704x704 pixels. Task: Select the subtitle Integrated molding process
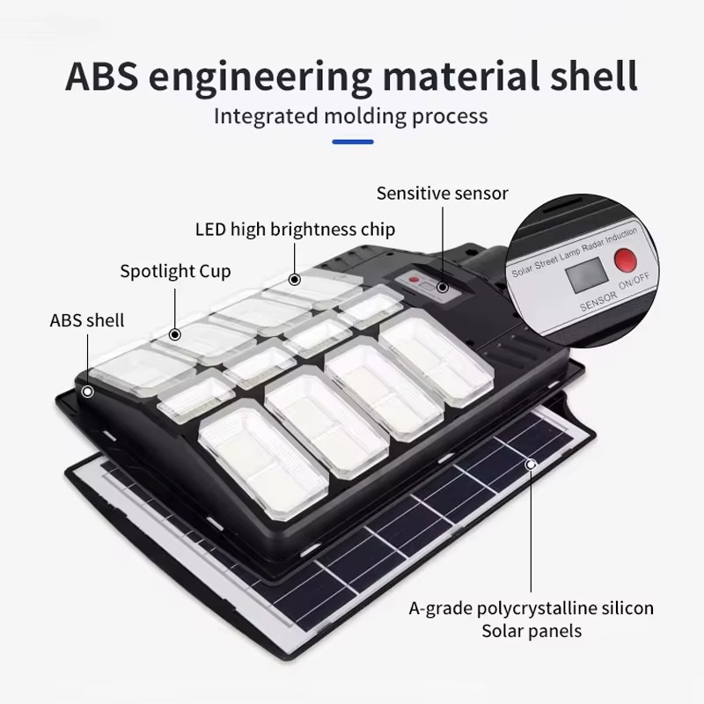351,115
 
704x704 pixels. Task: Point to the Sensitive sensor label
443,194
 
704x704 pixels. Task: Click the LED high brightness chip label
295,230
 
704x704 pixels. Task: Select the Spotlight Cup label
175,270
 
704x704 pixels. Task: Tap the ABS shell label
87,319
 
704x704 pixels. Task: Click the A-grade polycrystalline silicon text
532,608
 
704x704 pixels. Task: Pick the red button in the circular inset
625,260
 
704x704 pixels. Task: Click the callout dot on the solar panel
531,464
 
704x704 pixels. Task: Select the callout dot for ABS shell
87,390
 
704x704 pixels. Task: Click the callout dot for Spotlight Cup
175,334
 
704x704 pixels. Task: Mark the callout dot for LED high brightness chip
295,279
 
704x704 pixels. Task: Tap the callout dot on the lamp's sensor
443,287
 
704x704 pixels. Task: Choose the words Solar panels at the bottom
532,631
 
